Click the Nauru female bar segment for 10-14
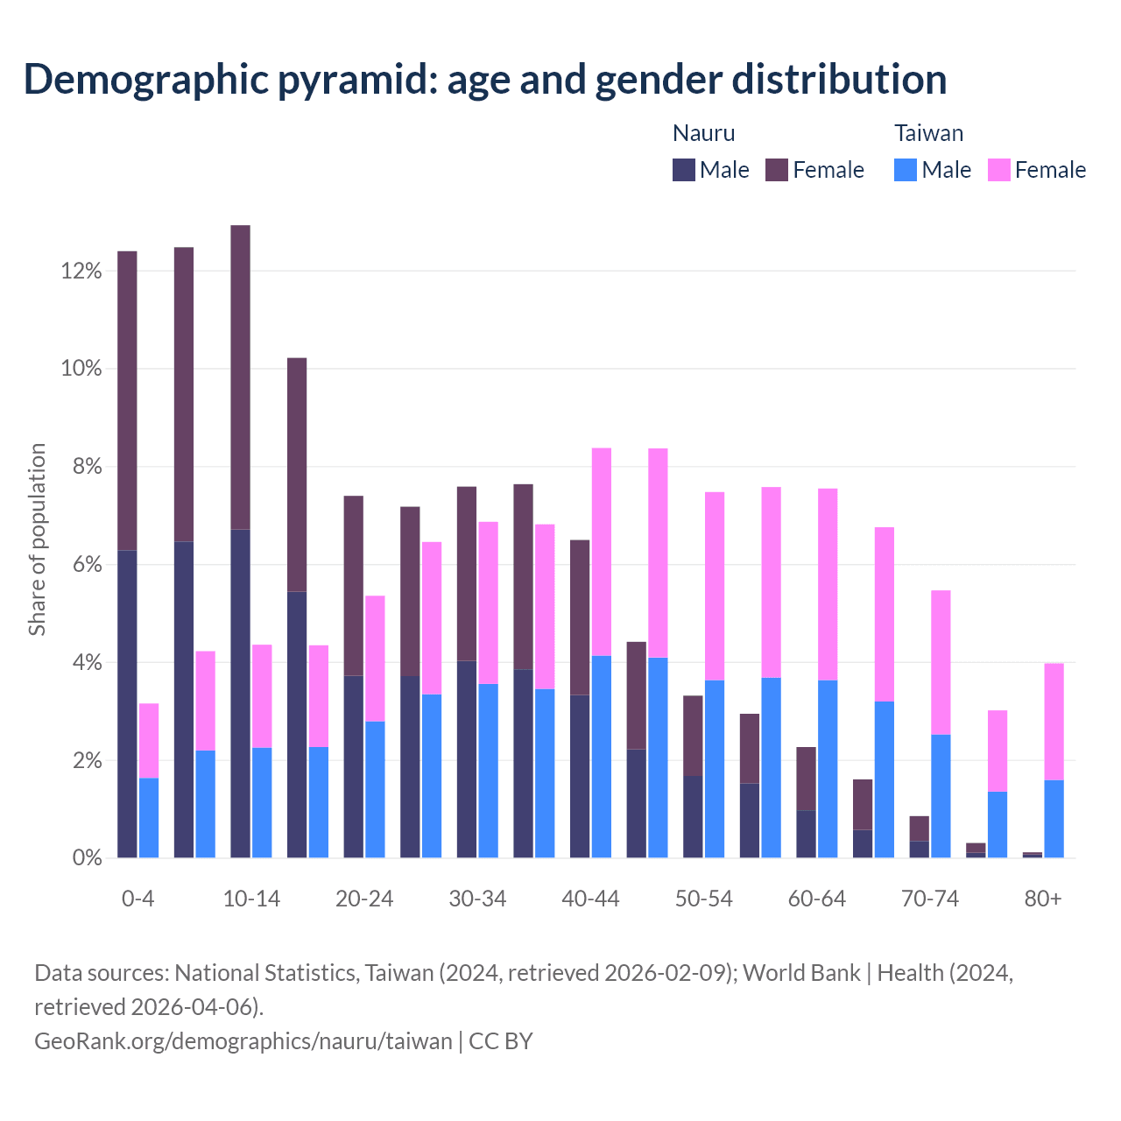(240, 377)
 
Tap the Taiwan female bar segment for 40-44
(602, 552)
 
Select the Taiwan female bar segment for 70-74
(941, 662)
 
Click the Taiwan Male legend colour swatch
(906, 170)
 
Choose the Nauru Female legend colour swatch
(777, 170)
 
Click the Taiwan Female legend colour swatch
(998, 170)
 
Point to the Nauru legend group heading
(703, 133)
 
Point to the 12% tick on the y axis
(81, 271)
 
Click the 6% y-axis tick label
(86, 565)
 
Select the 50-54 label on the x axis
(703, 899)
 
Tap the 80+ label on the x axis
(1042, 899)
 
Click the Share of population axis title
(37, 539)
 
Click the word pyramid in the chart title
(358, 79)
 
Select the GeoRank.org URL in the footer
(243, 1041)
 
